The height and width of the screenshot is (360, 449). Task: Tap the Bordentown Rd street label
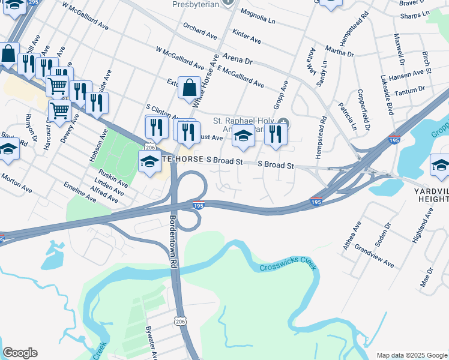coord(174,233)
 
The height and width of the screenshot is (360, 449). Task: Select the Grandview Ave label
coord(374,256)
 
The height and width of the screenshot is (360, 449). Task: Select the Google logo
coord(20,353)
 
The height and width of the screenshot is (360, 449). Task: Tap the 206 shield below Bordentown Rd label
coord(180,322)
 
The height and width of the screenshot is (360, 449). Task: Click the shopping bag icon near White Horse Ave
coord(189,89)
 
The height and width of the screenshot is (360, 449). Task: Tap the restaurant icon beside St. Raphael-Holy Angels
coord(276,134)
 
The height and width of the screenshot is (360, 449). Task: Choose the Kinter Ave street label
coord(246,38)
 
